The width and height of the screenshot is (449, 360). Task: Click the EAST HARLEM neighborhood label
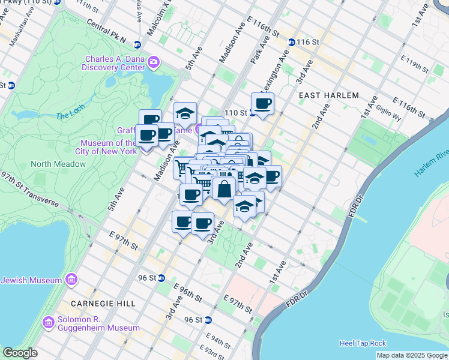328,95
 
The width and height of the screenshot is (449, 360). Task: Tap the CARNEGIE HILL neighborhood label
102,304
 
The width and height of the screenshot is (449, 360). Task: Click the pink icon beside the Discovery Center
154,62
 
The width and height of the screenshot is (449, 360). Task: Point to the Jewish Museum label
32,280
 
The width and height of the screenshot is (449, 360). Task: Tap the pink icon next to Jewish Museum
71,280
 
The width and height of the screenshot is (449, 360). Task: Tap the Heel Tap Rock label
363,343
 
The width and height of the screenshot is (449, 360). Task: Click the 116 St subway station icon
291,42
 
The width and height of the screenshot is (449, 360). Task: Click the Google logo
20,353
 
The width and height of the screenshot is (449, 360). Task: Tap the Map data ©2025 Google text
411,355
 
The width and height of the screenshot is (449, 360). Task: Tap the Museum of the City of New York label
110,147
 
